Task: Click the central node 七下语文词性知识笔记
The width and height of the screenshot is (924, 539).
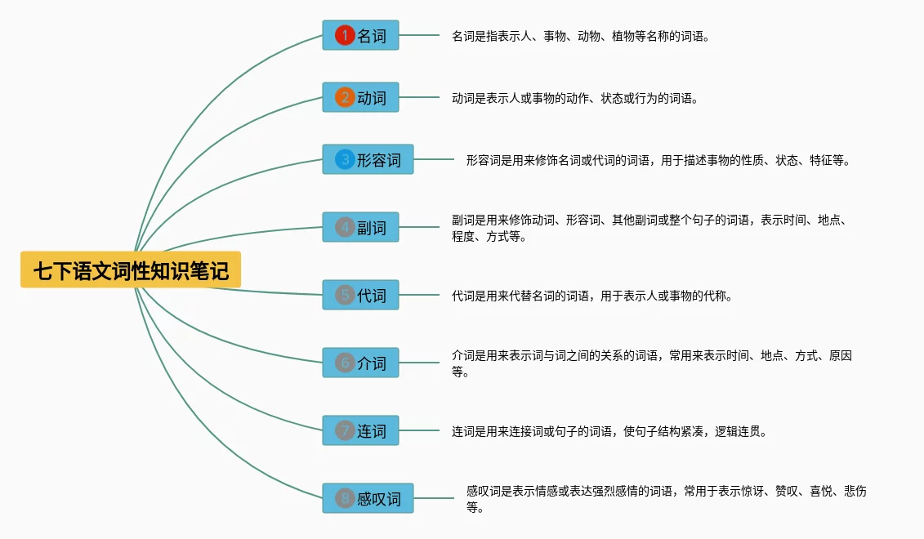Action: click(131, 270)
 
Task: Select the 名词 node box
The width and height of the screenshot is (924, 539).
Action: click(360, 35)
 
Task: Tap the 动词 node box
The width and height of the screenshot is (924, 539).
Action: click(360, 98)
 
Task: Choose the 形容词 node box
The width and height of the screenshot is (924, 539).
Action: click(368, 160)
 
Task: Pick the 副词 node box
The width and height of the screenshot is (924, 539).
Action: click(360, 227)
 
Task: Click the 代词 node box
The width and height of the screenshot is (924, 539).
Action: click(360, 295)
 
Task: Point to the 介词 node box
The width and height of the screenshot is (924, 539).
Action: click(360, 363)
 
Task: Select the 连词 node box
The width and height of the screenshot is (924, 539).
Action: click(360, 430)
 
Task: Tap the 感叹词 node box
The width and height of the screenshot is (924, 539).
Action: click(368, 498)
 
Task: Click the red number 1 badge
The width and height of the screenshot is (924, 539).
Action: click(345, 35)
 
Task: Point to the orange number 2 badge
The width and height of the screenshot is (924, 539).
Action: click(345, 98)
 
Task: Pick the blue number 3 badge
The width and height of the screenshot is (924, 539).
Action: click(345, 160)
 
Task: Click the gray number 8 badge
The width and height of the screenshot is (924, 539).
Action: click(345, 498)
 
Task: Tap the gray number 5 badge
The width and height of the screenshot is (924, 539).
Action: click(345, 295)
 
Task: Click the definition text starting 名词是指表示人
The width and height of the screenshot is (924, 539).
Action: click(580, 36)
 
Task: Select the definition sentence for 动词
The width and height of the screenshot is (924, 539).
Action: click(574, 99)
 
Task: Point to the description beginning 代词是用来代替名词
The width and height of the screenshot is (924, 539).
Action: click(591, 296)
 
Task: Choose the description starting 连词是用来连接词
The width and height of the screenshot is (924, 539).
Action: click(609, 431)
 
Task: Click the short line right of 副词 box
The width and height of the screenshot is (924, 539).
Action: click(419, 227)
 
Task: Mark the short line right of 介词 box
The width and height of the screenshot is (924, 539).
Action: click(419, 363)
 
